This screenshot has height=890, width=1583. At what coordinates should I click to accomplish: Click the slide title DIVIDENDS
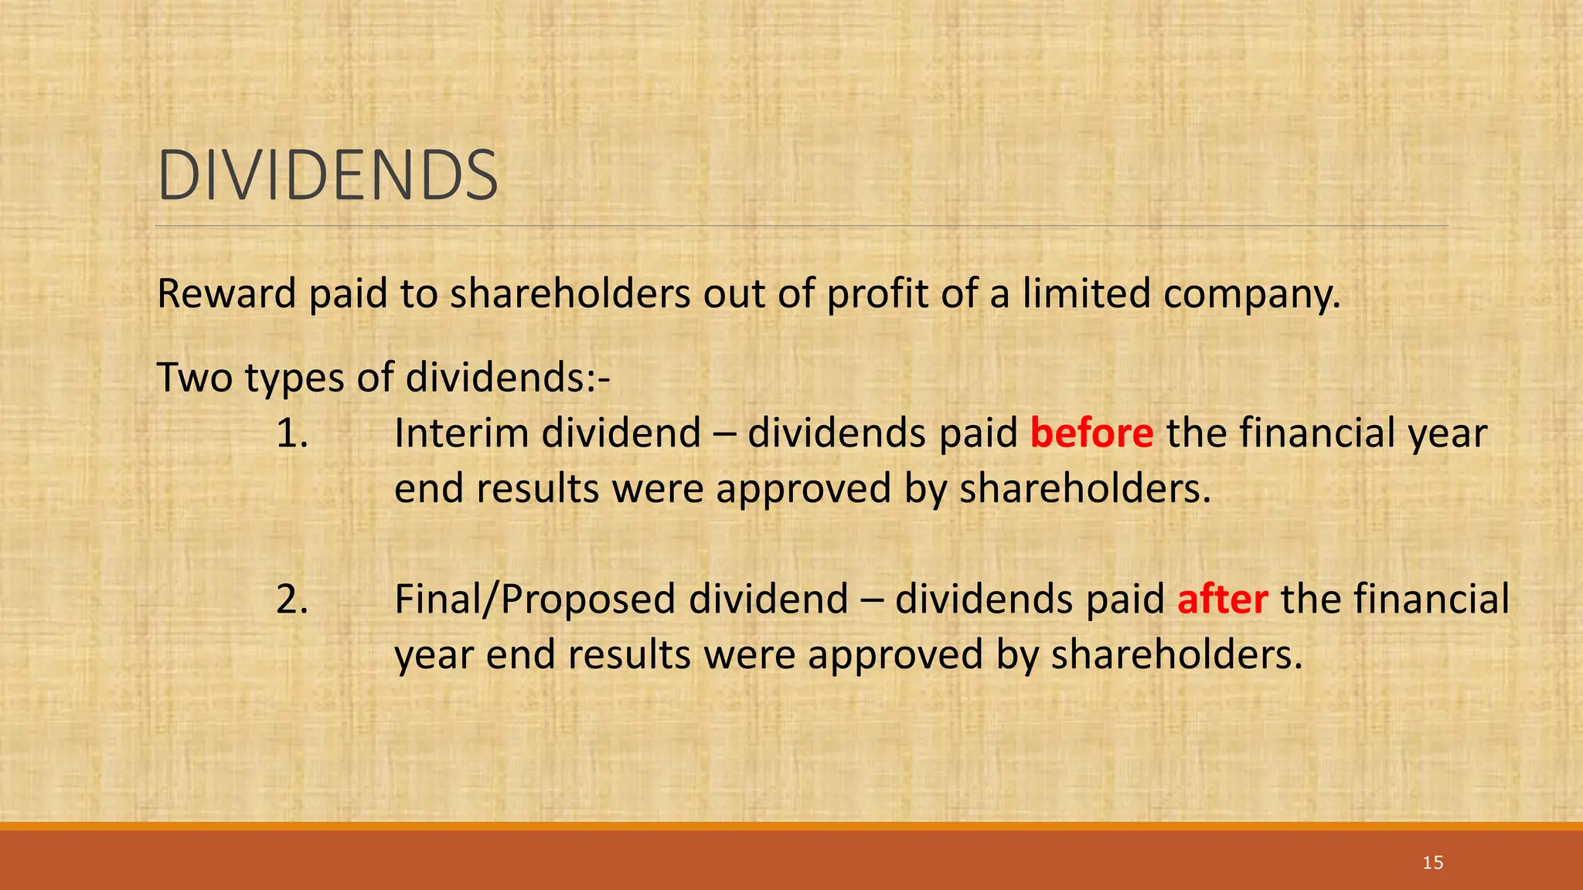tap(328, 176)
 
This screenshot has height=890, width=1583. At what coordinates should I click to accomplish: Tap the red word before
tap(1091, 433)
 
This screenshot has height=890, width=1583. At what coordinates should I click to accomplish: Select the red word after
tap(1222, 600)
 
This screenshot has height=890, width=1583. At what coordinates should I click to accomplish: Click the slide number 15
tap(1432, 863)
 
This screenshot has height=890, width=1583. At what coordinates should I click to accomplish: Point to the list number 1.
tap(292, 433)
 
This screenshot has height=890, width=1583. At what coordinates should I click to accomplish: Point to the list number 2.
tap(292, 600)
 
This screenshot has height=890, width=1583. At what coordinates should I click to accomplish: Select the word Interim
tap(461, 433)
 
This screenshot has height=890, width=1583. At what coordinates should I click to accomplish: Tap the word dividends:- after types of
tap(508, 378)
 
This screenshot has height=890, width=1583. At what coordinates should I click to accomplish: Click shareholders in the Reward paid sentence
tap(570, 294)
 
